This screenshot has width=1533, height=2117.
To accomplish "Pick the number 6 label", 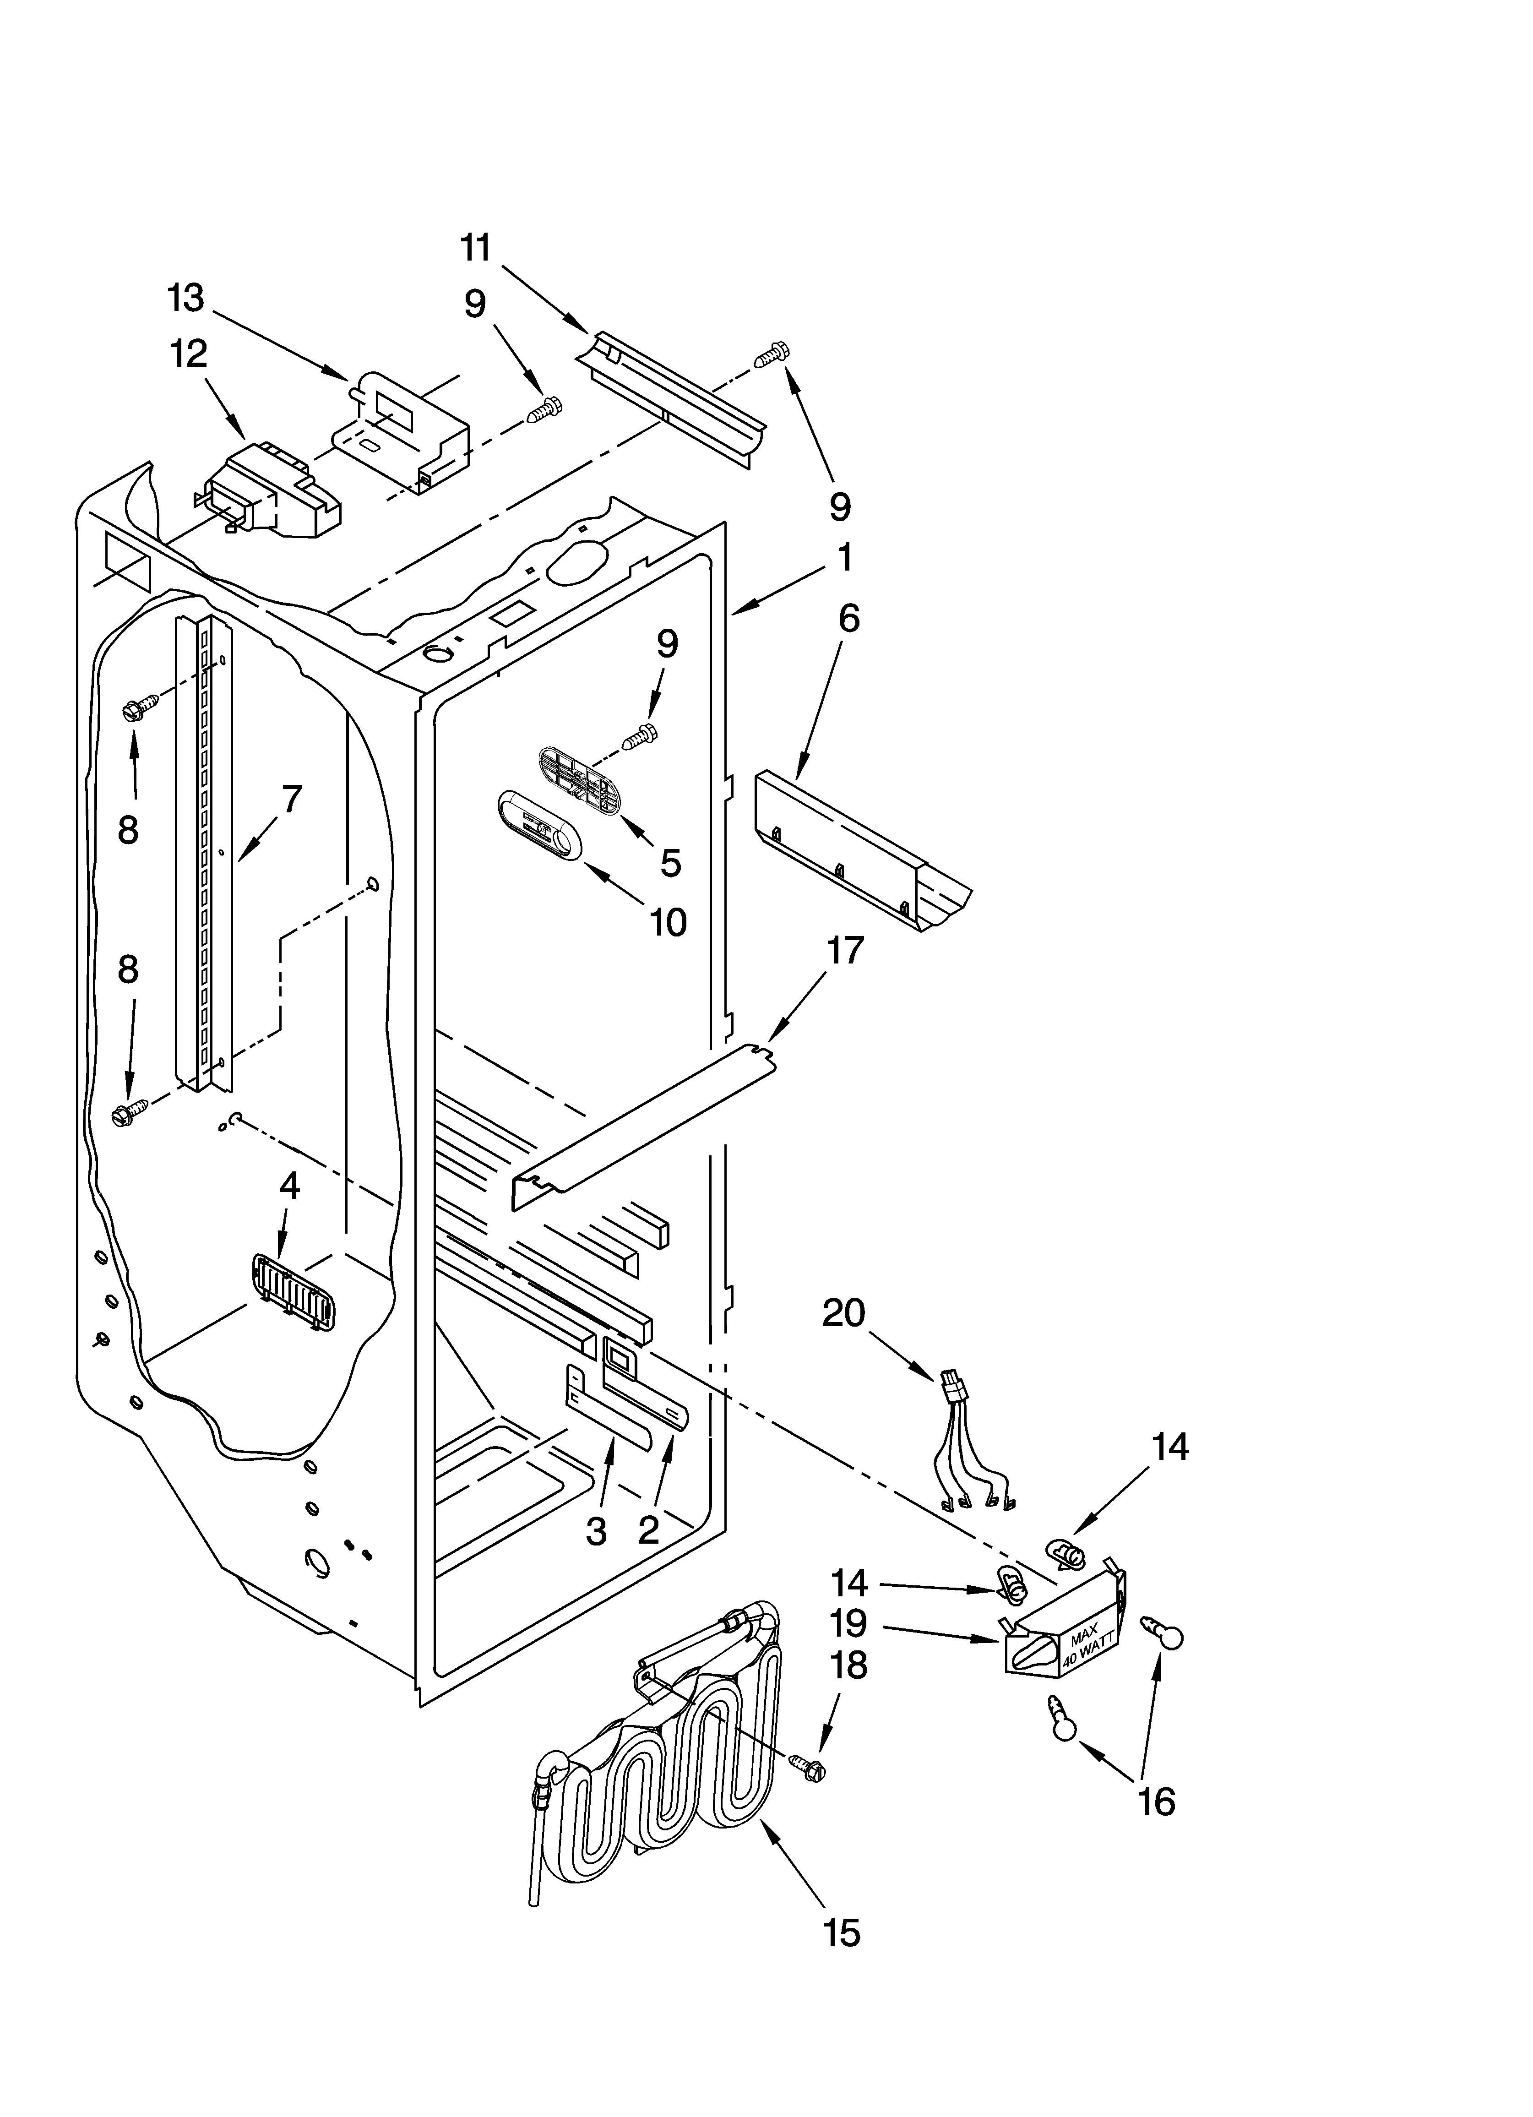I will [848, 618].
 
